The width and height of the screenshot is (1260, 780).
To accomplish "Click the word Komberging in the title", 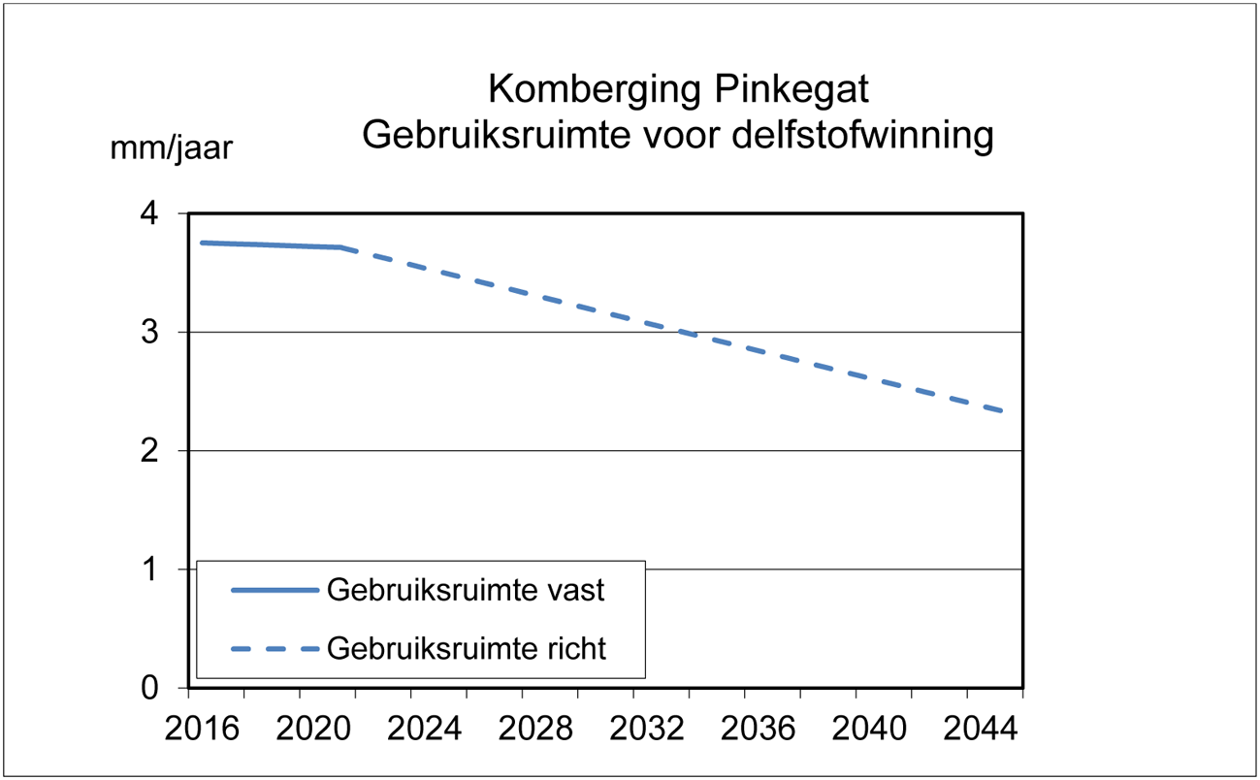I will click(x=594, y=90).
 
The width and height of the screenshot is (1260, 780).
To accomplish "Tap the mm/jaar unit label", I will click(x=171, y=148).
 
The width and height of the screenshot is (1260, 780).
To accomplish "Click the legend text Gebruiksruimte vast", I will click(x=466, y=590).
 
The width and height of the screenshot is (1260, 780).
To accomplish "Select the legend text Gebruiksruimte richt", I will click(x=467, y=647).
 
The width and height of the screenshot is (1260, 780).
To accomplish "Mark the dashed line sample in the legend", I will click(x=275, y=648).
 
